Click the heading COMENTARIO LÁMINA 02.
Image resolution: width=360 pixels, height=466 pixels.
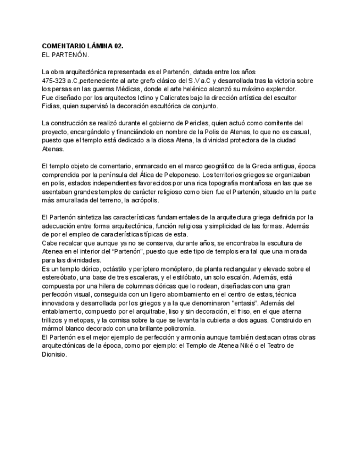(x=82, y=48)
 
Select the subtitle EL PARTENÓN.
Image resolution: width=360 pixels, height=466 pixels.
(x=65, y=56)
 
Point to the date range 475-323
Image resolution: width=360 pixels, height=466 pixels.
(x=54, y=80)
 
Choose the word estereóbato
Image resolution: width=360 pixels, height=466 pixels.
(x=59, y=278)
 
